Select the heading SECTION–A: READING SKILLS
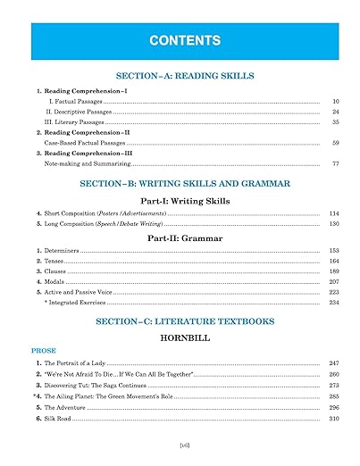[180, 77]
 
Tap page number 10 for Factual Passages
[335, 102]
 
